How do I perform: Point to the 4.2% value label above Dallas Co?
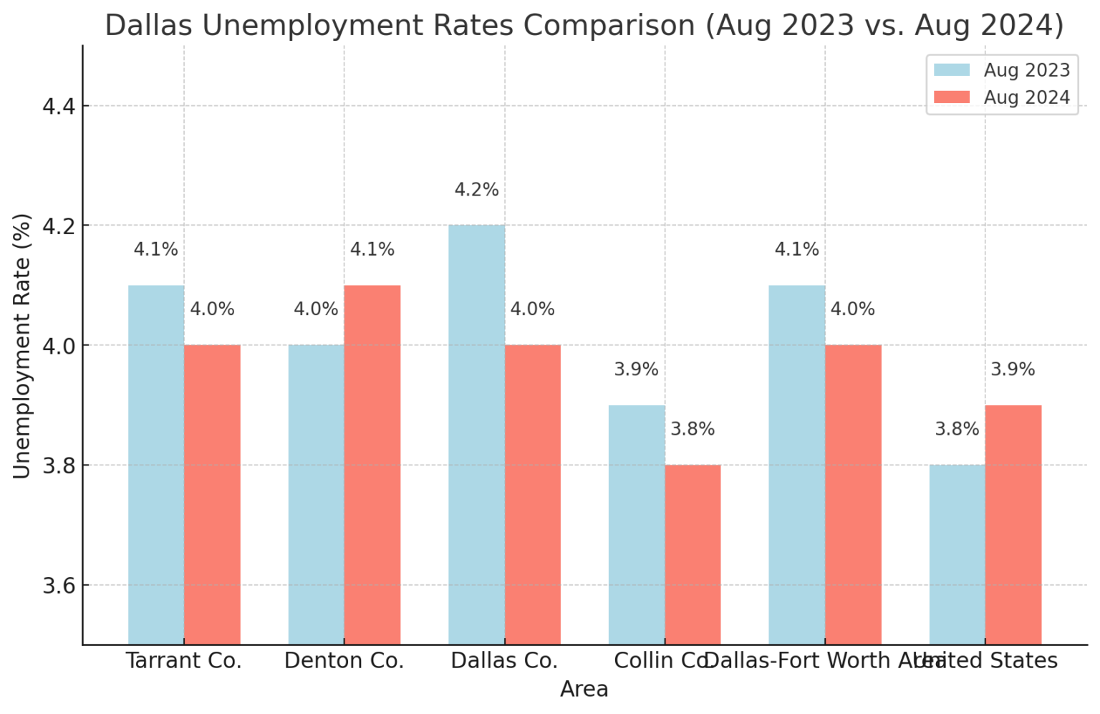(476, 190)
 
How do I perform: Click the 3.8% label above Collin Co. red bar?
(693, 429)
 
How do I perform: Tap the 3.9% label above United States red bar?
(1013, 370)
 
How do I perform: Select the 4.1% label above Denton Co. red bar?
(372, 249)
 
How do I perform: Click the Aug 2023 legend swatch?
(952, 70)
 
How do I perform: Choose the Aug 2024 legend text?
(1026, 97)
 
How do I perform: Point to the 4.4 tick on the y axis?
(59, 107)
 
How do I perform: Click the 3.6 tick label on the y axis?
(59, 586)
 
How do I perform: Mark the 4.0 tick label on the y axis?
(59, 346)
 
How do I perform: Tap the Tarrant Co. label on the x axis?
(184, 660)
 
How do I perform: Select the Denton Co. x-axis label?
(344, 660)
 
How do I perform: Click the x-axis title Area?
(584, 689)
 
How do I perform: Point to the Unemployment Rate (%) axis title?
(21, 346)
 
